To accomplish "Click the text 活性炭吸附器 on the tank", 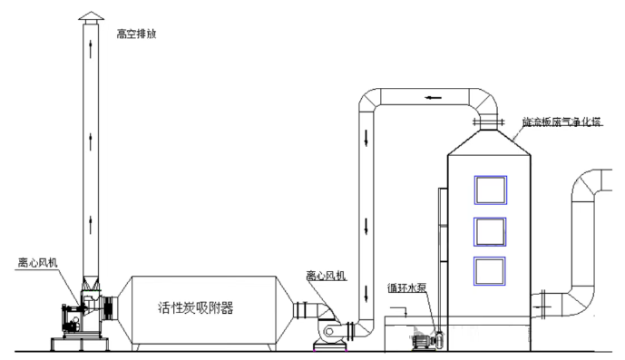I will (195, 307).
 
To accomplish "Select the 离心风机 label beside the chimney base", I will (39, 262).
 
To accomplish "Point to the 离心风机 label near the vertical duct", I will (326, 274).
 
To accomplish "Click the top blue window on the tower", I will (490, 190).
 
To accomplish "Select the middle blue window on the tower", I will (490, 232).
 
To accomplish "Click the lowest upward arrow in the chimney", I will (91, 223).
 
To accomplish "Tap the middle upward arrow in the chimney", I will (91, 138).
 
